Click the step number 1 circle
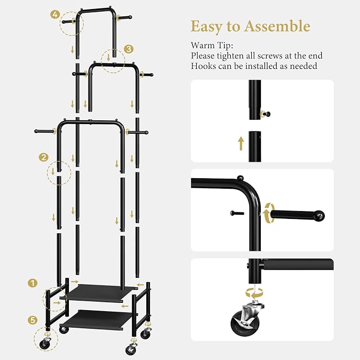click(32, 283)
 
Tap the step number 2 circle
click(43, 157)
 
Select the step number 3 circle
click(128, 49)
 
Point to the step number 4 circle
click(55, 15)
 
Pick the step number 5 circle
click(32, 320)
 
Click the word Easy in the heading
click(206, 27)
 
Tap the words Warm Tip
click(212, 46)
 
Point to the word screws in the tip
click(270, 56)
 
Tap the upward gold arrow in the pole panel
click(241, 144)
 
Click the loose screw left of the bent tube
click(237, 213)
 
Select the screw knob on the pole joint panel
click(266, 113)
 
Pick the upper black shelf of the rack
click(98, 293)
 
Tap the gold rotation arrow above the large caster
click(254, 293)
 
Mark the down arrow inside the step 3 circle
click(109, 58)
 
